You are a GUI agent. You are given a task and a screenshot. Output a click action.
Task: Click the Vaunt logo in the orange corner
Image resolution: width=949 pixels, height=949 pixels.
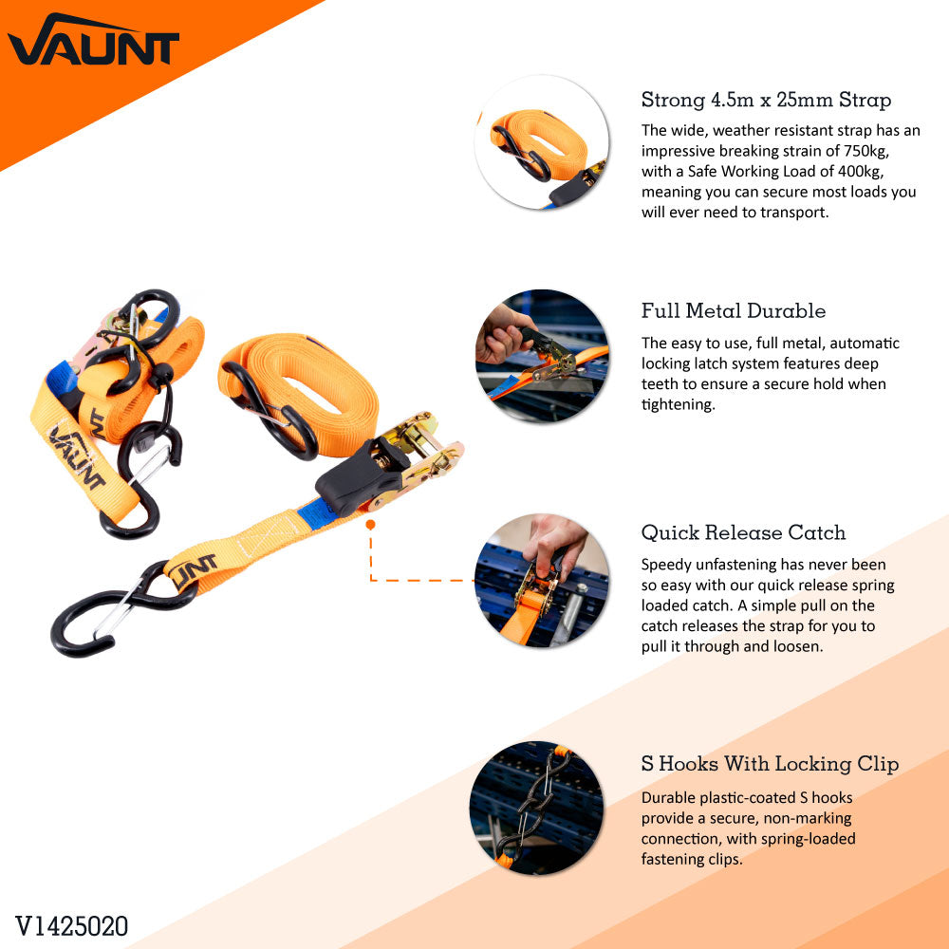click(x=92, y=41)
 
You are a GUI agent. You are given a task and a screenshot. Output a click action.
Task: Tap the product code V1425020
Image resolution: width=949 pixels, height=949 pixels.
click(x=71, y=926)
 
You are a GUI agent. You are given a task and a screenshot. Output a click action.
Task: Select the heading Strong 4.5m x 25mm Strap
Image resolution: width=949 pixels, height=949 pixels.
click(x=766, y=100)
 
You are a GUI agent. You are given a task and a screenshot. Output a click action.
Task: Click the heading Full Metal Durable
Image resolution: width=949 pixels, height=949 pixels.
click(x=734, y=311)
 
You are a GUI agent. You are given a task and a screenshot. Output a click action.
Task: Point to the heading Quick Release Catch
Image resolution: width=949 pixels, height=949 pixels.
click(x=743, y=532)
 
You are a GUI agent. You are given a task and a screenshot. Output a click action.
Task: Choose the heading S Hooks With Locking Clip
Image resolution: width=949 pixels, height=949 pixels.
click(x=770, y=764)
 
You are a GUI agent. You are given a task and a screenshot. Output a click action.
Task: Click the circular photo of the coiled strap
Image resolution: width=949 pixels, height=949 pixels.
click(x=542, y=143)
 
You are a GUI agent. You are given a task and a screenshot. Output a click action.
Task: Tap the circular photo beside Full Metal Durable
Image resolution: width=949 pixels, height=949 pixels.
click(x=542, y=357)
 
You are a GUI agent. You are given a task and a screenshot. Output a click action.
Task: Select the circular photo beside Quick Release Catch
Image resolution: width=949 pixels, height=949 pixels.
click(x=542, y=581)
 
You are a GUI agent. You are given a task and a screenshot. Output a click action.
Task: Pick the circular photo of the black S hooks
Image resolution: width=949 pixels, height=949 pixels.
click(x=537, y=808)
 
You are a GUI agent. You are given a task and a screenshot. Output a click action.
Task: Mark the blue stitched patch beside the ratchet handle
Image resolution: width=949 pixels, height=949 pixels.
click(x=316, y=513)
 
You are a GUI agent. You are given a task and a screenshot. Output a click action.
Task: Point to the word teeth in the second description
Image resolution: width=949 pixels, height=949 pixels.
click(x=660, y=384)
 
